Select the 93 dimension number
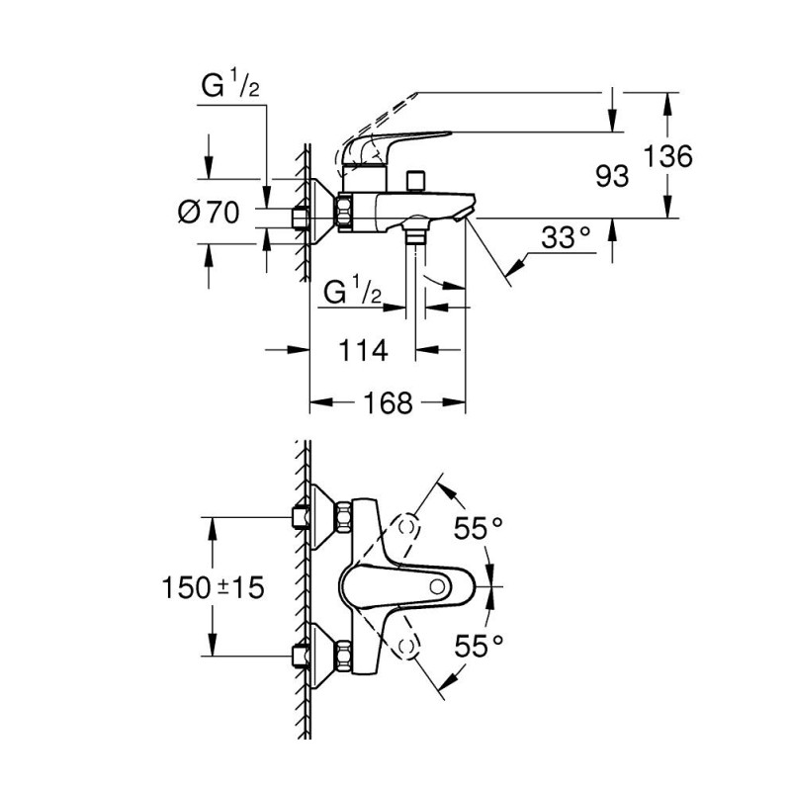[613, 176]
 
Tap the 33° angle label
[566, 237]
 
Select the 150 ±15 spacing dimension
[214, 587]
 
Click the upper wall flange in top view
[319, 516]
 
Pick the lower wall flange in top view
[319, 655]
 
